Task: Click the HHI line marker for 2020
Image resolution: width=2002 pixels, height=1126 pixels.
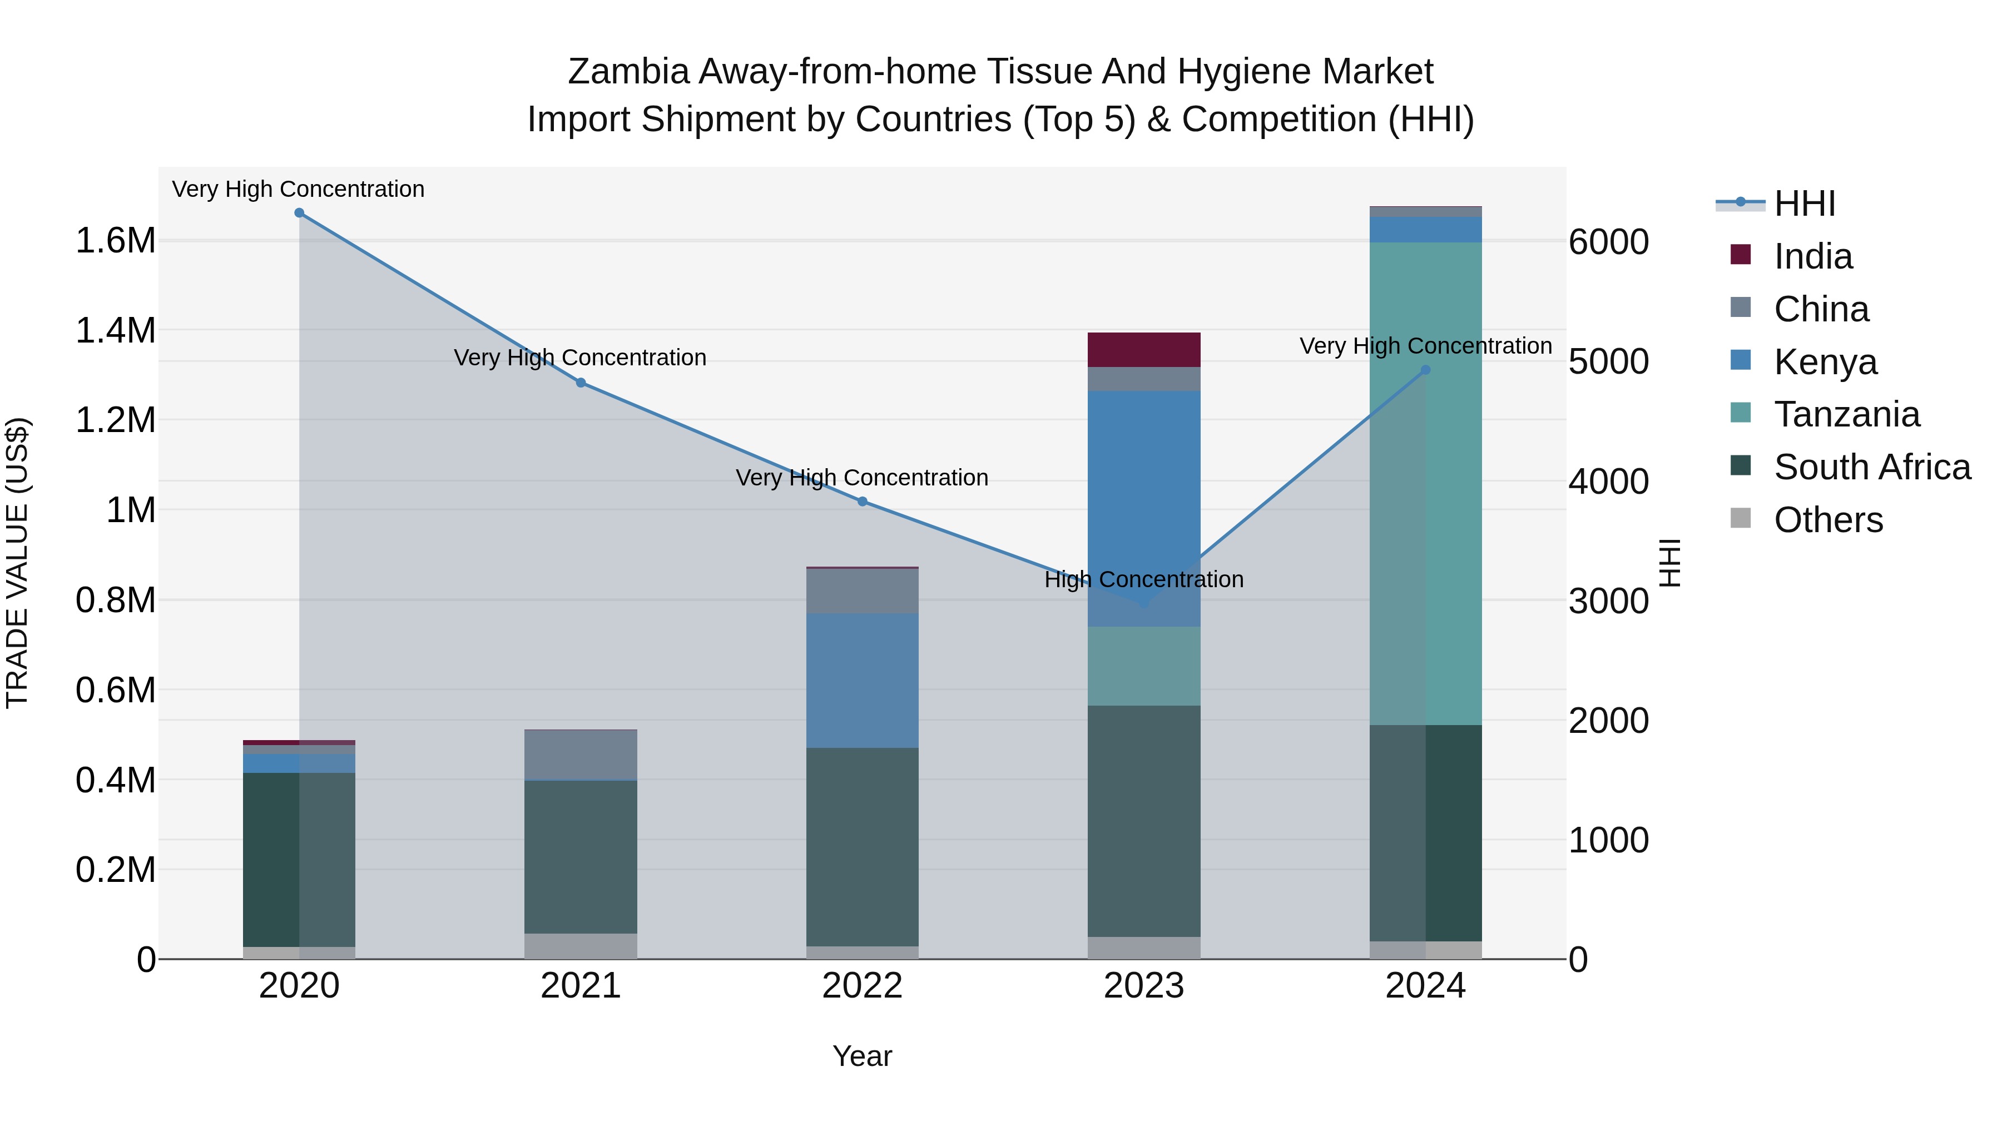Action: click(299, 213)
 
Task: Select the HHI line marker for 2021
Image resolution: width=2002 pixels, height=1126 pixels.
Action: click(581, 383)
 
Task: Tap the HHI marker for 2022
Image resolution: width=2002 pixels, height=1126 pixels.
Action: click(862, 501)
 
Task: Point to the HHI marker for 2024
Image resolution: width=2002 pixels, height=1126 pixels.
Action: click(1425, 370)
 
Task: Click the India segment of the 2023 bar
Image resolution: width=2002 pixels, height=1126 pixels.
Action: click(1143, 350)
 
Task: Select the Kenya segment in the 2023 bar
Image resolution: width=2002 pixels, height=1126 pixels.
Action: click(1143, 508)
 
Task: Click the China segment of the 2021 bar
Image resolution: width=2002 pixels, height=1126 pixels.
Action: click(581, 754)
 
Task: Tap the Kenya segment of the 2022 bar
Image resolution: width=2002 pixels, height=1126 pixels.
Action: click(862, 680)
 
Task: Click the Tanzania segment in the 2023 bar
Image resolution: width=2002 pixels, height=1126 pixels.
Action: click(1143, 666)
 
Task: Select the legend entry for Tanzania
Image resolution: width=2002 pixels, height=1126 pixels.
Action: click(1846, 414)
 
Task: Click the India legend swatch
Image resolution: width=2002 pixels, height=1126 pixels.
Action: click(1741, 255)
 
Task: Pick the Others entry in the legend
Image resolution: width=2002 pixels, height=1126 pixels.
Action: click(1828, 520)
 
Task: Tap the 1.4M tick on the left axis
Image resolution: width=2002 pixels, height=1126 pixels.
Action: click(115, 330)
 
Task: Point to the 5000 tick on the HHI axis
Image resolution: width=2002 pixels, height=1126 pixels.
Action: click(1608, 361)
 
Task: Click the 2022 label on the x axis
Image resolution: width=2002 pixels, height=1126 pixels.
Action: click(862, 986)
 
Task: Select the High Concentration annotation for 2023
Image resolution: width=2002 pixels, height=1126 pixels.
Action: click(1143, 580)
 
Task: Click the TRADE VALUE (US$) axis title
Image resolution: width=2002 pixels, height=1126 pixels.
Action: click(17, 563)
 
